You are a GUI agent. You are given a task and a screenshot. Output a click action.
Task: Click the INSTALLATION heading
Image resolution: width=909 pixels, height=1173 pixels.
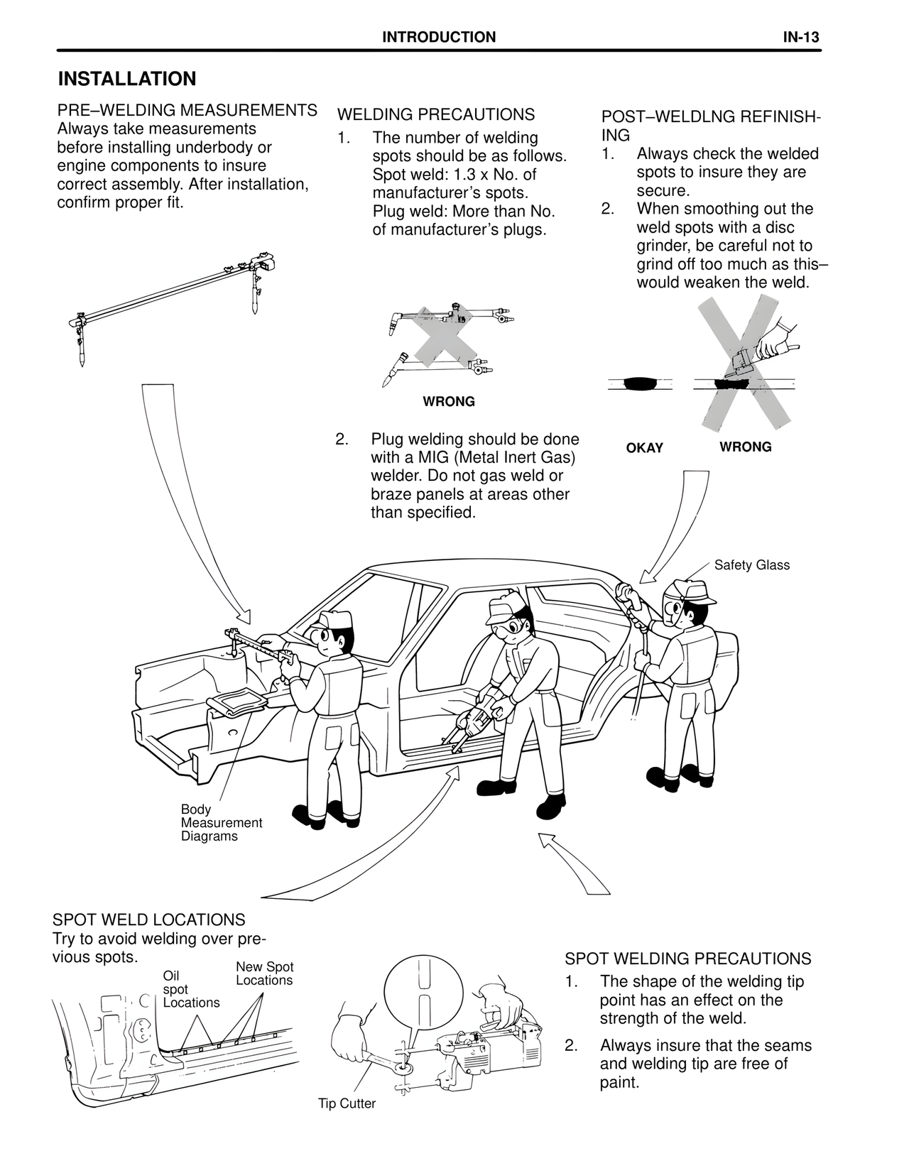(126, 79)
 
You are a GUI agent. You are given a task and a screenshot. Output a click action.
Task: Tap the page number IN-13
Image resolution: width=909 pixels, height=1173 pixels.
(801, 38)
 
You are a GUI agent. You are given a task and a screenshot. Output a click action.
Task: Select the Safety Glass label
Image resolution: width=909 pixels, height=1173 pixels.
(751, 565)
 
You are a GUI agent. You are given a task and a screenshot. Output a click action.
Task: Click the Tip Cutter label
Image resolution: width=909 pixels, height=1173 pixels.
(347, 1103)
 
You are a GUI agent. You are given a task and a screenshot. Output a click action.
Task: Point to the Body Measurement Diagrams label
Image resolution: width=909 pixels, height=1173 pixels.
(221, 823)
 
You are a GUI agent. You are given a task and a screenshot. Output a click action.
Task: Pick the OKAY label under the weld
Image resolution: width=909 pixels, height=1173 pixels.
(644, 448)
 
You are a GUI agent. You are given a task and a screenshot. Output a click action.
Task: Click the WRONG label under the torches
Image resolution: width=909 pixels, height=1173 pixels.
(449, 402)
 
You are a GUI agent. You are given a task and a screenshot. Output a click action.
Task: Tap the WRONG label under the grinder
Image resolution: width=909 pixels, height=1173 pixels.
(745, 447)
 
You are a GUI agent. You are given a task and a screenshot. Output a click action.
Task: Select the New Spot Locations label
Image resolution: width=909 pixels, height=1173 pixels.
(264, 973)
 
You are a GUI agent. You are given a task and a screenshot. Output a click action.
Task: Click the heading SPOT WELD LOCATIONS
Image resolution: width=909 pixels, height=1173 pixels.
(149, 920)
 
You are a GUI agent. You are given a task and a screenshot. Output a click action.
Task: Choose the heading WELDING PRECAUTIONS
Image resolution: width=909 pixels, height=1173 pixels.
(436, 115)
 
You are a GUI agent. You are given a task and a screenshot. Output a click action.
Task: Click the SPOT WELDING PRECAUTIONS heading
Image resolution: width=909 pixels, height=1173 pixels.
(687, 959)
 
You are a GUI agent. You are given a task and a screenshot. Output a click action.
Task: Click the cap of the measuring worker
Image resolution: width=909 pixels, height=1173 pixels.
(332, 618)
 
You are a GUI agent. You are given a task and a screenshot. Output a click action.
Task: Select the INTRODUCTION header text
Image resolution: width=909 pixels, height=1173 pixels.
(439, 38)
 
